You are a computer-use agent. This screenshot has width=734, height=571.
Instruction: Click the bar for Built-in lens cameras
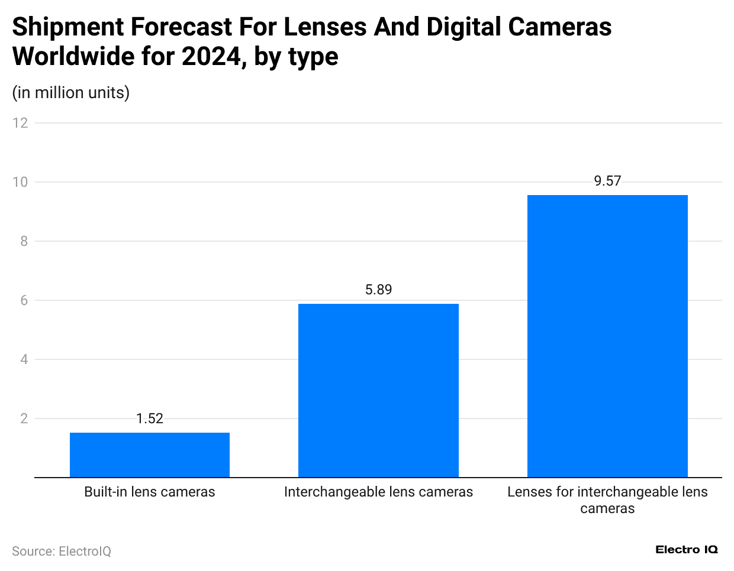(x=150, y=455)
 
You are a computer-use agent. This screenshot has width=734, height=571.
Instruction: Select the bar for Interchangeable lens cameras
(x=378, y=390)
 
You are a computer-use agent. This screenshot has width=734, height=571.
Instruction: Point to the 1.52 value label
(x=150, y=418)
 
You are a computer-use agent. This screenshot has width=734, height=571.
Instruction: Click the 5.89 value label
(x=378, y=290)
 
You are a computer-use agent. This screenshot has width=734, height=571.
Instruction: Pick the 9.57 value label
(x=607, y=181)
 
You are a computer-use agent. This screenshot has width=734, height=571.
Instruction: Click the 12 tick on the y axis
(x=21, y=123)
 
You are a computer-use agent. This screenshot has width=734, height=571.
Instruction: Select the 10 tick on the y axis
(x=21, y=182)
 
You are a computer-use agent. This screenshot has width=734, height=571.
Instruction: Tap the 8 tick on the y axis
(x=24, y=241)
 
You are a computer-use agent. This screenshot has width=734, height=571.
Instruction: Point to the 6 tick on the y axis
(x=24, y=300)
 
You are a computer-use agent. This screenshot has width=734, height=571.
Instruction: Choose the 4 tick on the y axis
(x=24, y=359)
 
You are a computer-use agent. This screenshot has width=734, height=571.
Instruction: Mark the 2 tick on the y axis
(x=24, y=418)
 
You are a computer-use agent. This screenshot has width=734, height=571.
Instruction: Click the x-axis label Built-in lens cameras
(x=150, y=492)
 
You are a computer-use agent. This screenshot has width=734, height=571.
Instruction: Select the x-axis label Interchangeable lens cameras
(x=378, y=492)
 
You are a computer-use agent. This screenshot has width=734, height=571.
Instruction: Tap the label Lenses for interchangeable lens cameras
(x=607, y=500)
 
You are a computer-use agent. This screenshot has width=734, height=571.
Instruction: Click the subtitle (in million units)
(x=70, y=93)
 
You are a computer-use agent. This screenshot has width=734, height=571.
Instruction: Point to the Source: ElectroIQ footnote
(x=62, y=551)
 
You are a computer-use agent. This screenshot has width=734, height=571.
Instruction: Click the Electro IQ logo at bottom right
(x=686, y=550)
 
